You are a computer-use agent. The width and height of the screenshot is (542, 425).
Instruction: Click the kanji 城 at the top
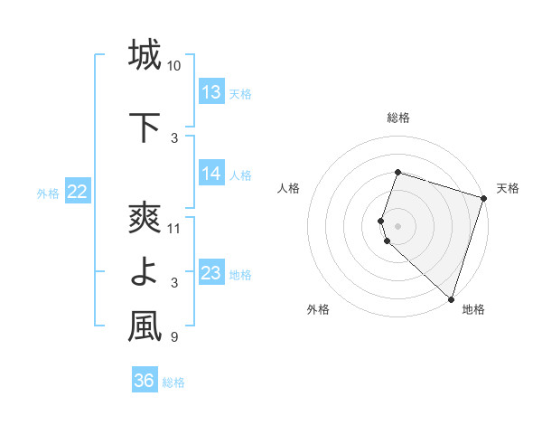click(x=145, y=55)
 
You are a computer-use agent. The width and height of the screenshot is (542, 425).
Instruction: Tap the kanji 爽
click(x=145, y=218)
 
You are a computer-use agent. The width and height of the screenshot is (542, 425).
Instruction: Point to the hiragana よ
click(x=145, y=272)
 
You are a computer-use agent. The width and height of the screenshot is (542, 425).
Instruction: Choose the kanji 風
click(x=145, y=327)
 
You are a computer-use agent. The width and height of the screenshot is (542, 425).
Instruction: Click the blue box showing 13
click(x=211, y=92)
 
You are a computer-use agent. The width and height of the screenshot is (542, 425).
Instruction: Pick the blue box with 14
click(x=211, y=175)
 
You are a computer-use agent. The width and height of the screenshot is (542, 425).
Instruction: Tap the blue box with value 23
click(x=211, y=273)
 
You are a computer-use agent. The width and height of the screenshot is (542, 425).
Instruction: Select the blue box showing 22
click(x=78, y=192)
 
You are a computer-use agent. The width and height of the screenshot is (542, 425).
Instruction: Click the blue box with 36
click(x=145, y=381)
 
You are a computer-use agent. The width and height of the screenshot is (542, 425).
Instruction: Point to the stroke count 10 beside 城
click(x=173, y=66)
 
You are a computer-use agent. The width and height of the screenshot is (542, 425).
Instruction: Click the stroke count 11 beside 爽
click(x=173, y=229)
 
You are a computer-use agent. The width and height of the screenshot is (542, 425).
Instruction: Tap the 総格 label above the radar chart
click(x=398, y=118)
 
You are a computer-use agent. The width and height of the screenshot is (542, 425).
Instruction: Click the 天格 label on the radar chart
click(x=508, y=188)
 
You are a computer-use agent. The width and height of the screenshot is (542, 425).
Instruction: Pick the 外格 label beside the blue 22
click(x=48, y=193)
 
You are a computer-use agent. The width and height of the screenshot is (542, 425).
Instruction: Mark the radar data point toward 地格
click(x=451, y=298)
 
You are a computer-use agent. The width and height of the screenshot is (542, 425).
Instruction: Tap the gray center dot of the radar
click(x=398, y=226)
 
